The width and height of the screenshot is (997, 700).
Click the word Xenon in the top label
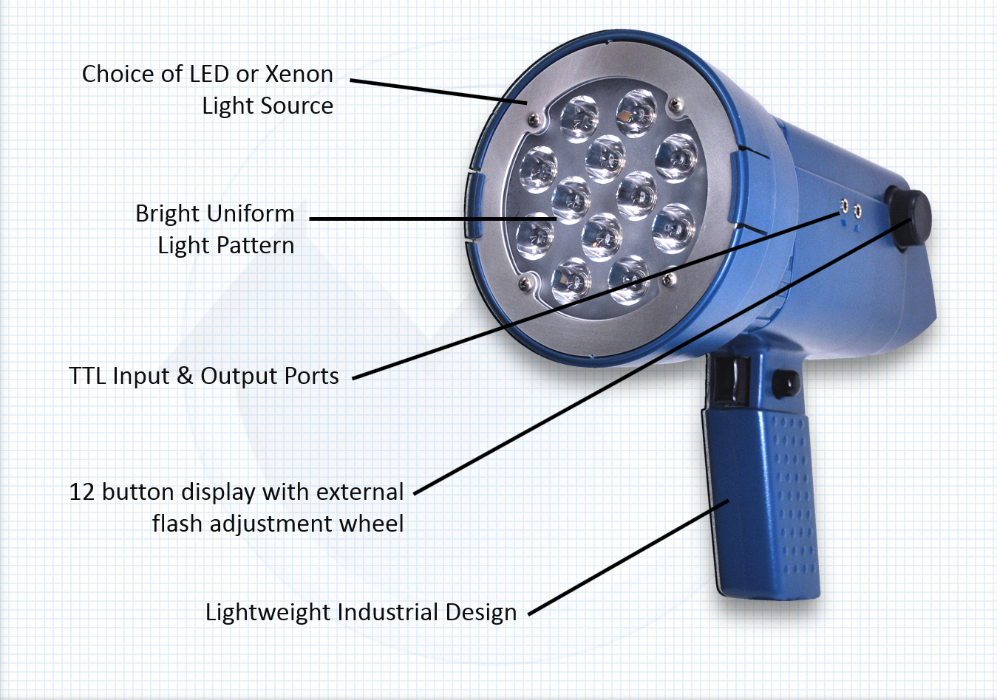299,74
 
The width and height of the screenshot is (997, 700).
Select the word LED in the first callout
210,74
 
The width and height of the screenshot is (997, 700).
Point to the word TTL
88,376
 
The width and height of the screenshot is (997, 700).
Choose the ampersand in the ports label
185,376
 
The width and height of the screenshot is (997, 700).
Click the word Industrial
388,612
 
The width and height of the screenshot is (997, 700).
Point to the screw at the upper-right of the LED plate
676,105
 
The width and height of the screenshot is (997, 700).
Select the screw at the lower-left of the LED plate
525,284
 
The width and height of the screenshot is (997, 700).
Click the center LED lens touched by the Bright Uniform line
571,200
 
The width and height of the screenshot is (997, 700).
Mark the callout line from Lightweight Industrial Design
628,557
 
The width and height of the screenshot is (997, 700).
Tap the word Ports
312,376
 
